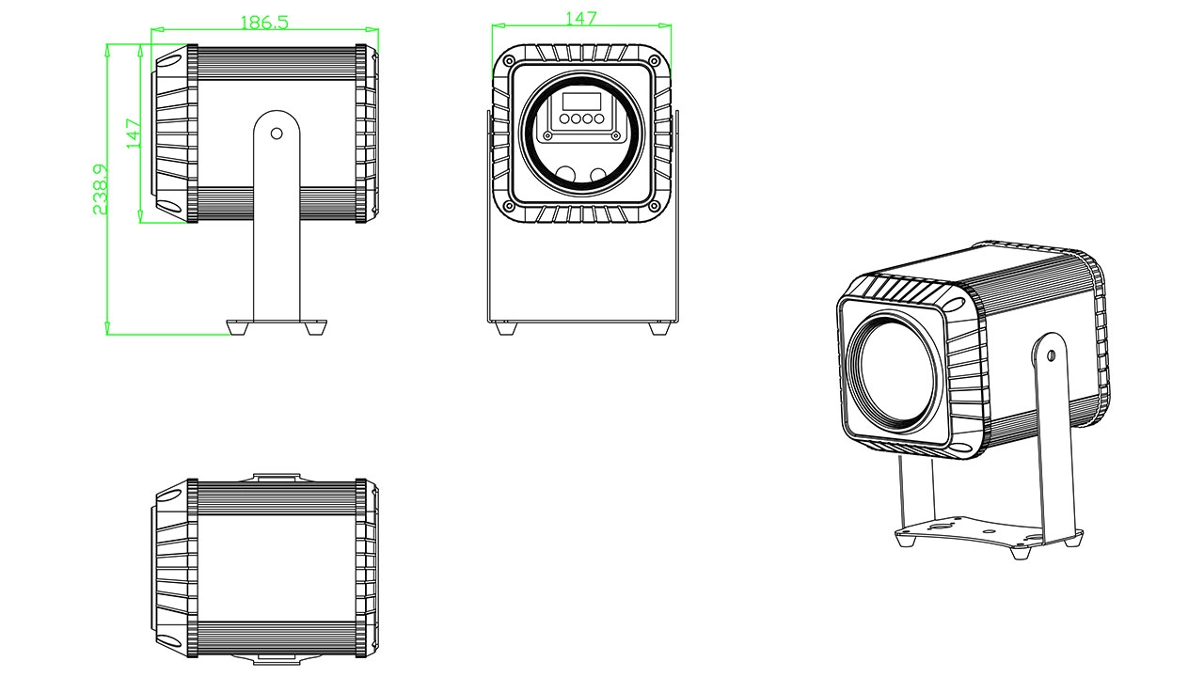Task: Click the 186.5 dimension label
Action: pyautogui.click(x=264, y=22)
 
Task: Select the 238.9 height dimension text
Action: pyautogui.click(x=101, y=189)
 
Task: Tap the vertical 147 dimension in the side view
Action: pyautogui.click(x=134, y=134)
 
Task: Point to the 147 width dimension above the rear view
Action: pyautogui.click(x=579, y=19)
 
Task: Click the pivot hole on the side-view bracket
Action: pyautogui.click(x=277, y=134)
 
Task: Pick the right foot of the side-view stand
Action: pyautogui.click(x=314, y=328)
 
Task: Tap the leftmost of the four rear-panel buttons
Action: pyautogui.click(x=562, y=119)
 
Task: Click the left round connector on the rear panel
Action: pyautogui.click(x=564, y=175)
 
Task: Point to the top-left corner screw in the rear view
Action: pyautogui.click(x=510, y=62)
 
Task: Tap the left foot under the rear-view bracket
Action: pyautogui.click(x=505, y=329)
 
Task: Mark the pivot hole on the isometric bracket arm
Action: pyautogui.click(x=1050, y=356)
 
